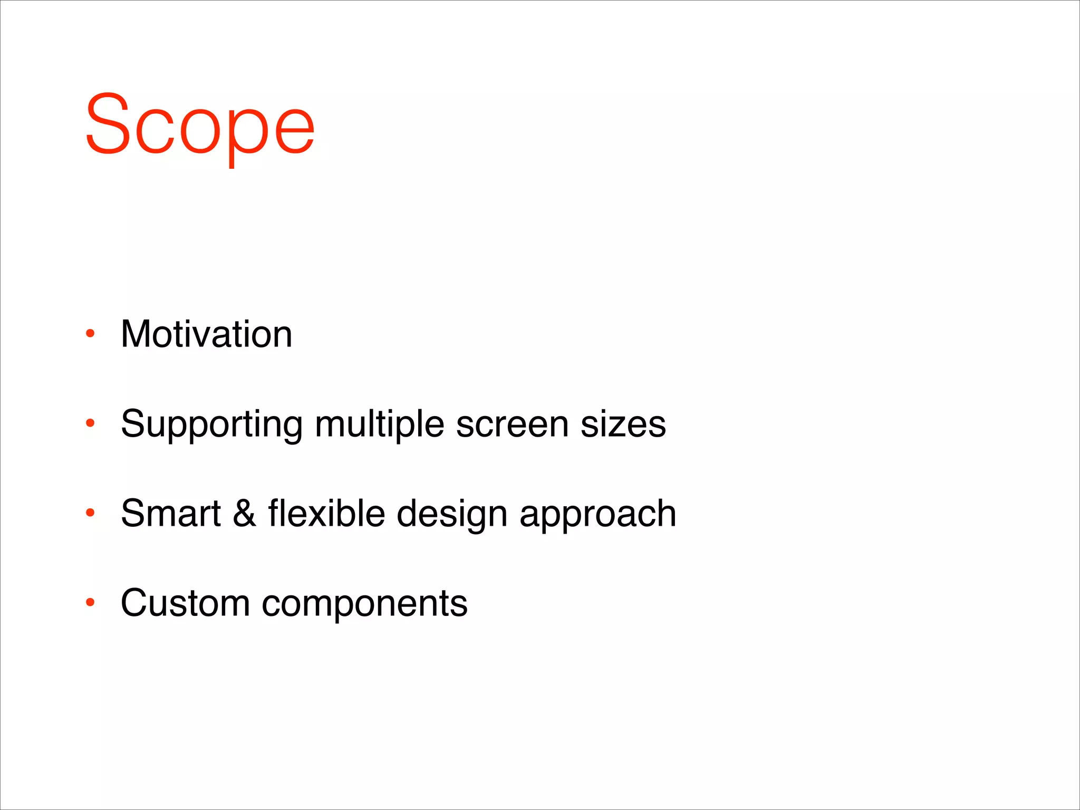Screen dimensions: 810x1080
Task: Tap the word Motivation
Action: (206, 334)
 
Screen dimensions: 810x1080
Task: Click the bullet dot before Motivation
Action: (90, 333)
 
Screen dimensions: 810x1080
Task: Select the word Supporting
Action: (211, 425)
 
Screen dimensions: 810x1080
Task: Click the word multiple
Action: (379, 425)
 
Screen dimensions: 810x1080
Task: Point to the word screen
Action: (512, 425)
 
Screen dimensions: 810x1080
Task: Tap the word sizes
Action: (623, 425)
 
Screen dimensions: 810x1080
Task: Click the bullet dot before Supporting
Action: (90, 422)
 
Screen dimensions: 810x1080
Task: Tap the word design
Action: (452, 515)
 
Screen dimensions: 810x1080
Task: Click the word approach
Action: (597, 515)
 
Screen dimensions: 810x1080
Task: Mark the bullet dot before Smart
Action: (90, 512)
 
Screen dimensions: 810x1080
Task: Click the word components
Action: (364, 604)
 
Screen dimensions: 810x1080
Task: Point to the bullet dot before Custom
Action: (90, 602)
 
